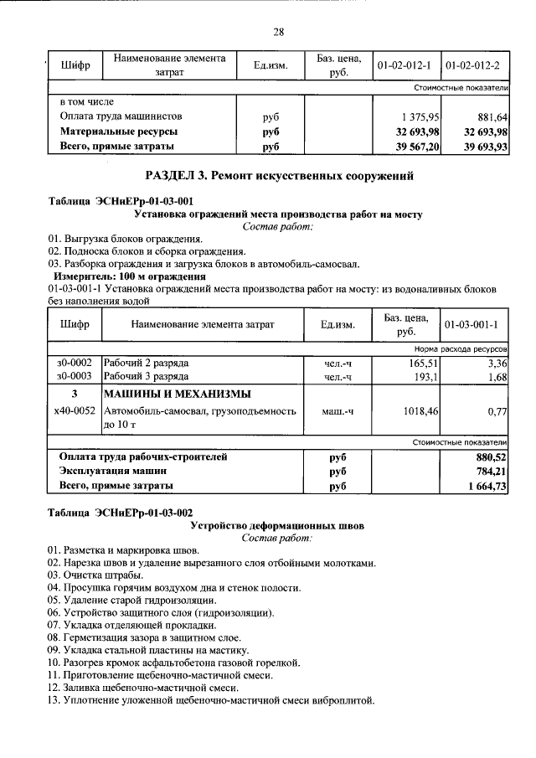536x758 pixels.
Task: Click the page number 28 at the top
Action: coord(279,32)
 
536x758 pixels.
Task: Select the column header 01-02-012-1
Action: coord(404,65)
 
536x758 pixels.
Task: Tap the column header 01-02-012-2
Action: coord(473,65)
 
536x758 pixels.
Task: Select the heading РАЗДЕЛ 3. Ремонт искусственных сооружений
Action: coord(279,176)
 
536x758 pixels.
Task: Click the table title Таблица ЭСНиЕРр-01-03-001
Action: coord(121,201)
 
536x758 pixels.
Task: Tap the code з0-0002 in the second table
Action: coord(75,363)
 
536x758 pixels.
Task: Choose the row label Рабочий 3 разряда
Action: coord(146,377)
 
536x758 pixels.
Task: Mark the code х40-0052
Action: coord(75,411)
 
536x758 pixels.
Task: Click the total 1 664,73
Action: coord(484,487)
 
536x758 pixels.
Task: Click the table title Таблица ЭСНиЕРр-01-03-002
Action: coord(121,513)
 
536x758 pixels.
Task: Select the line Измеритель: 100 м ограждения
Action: coord(129,276)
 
